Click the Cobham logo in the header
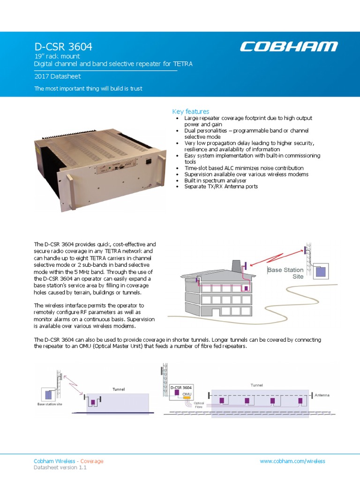point(289,46)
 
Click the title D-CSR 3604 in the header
point(63,47)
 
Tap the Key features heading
point(190,112)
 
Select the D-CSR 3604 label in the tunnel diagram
point(181,388)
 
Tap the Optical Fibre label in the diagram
point(199,405)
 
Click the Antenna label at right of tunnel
point(322,395)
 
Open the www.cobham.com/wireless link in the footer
point(292,461)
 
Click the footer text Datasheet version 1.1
point(60,468)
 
